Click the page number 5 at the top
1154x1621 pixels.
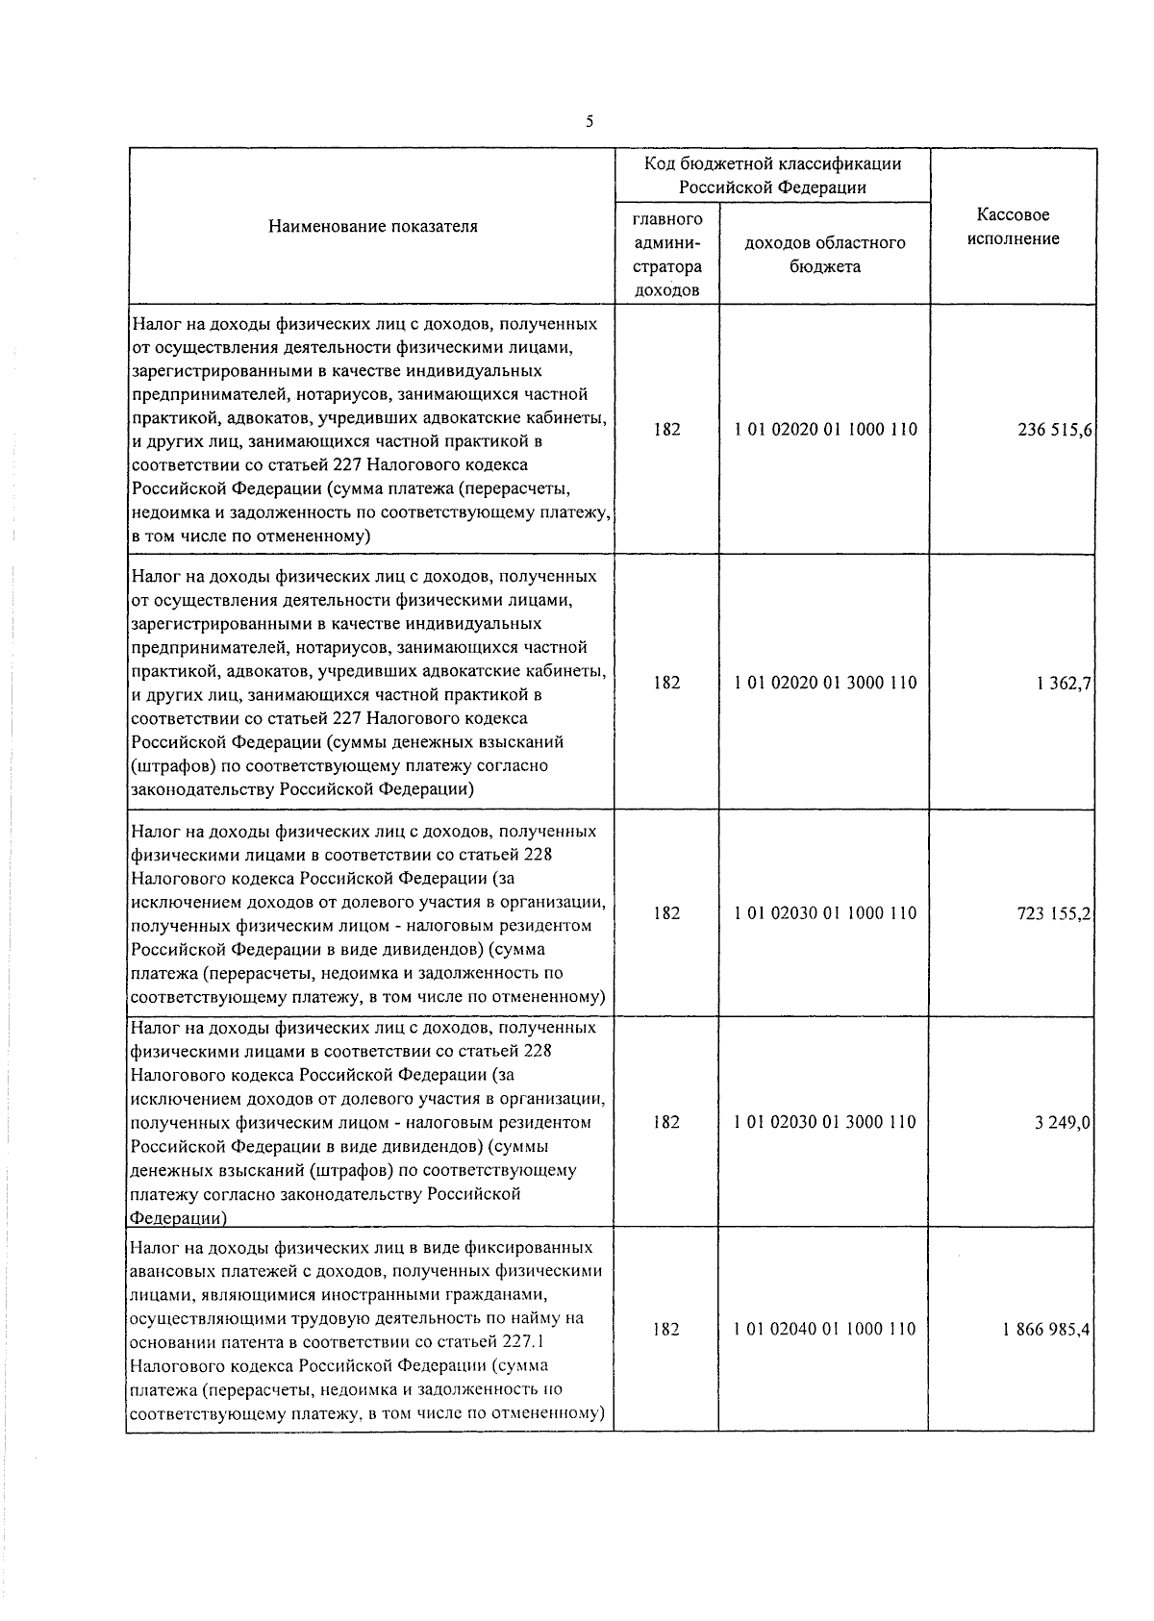(x=589, y=122)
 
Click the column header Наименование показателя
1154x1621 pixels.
(x=373, y=227)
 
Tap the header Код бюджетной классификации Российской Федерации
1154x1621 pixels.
(x=772, y=175)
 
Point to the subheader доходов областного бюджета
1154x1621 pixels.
(x=825, y=255)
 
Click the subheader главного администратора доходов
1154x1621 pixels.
(x=667, y=255)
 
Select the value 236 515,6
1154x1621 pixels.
(x=1054, y=430)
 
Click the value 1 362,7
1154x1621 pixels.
(x=1064, y=683)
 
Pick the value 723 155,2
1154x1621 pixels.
(x=1054, y=913)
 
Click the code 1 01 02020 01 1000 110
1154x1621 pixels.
(x=825, y=430)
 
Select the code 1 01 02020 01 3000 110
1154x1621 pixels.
(x=825, y=683)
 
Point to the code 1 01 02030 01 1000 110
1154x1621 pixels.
(x=825, y=913)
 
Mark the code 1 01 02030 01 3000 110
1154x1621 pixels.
(x=825, y=1122)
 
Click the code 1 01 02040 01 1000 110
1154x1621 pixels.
(x=825, y=1330)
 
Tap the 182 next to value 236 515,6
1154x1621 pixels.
(x=666, y=430)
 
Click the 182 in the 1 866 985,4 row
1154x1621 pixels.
(x=666, y=1330)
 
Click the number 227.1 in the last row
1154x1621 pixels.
(x=523, y=1342)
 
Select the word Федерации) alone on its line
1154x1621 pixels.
(x=178, y=1218)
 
